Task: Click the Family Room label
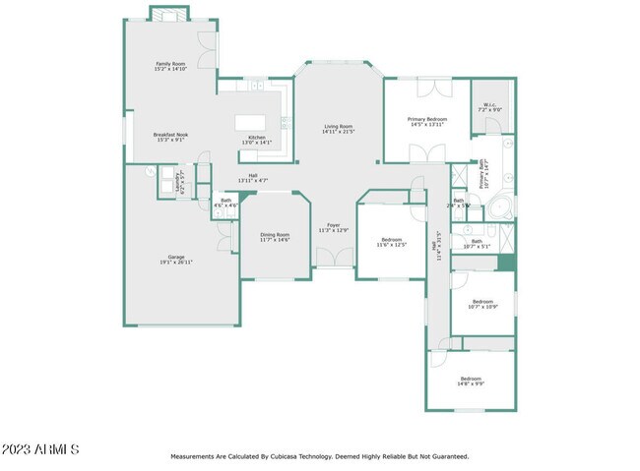(170, 66)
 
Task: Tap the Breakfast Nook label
(169, 137)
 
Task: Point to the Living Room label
(339, 129)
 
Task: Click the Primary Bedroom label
(427, 122)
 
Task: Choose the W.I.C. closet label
(489, 107)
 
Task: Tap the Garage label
(176, 261)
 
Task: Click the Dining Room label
(275, 237)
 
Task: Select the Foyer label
(334, 227)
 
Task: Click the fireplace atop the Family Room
(165, 14)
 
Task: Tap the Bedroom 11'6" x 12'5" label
(392, 242)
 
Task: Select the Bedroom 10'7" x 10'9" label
(481, 304)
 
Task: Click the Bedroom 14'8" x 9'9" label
(472, 381)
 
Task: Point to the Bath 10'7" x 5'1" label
(477, 243)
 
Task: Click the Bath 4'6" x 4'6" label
(226, 203)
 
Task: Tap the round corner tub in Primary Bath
(500, 208)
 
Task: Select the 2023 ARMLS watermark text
(40, 449)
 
